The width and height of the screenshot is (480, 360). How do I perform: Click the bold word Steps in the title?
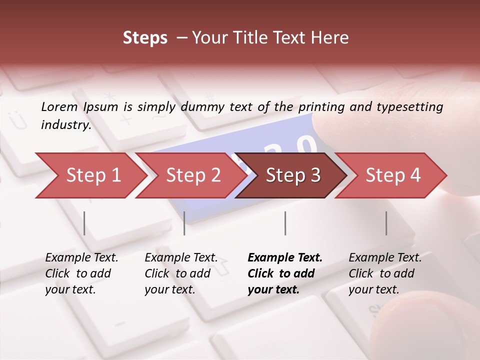[x=145, y=38]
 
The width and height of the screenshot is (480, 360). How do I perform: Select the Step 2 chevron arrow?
[x=193, y=175]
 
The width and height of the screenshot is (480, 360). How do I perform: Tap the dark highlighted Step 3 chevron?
[x=293, y=175]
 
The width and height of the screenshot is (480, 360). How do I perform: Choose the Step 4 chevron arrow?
[x=393, y=175]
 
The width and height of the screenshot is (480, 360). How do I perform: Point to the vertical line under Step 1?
[x=84, y=223]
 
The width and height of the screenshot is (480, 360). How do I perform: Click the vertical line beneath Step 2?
[x=184, y=223]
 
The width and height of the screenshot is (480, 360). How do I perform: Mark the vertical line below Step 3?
[x=285, y=223]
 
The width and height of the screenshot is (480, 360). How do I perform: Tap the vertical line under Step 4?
[x=386, y=223]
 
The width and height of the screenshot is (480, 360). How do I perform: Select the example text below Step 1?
[x=81, y=273]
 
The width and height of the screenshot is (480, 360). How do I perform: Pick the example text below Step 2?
[x=181, y=273]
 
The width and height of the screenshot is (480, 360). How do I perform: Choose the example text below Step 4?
[x=385, y=273]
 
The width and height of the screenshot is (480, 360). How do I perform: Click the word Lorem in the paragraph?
[x=59, y=106]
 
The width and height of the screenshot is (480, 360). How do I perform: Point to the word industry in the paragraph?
[x=66, y=125]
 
